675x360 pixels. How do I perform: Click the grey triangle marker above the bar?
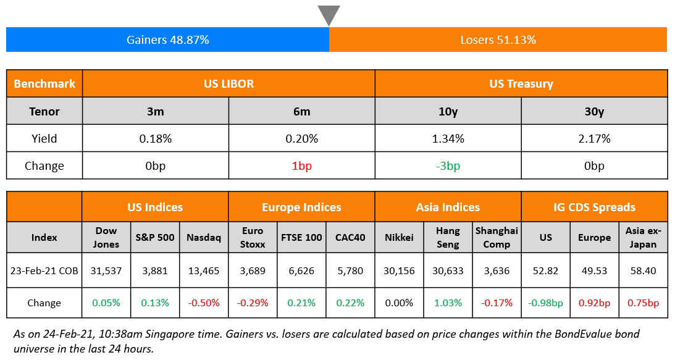329,14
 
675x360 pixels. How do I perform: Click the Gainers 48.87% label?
167,40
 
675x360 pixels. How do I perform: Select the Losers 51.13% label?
498,40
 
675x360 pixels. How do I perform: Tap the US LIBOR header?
228,83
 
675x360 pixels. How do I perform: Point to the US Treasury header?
521,83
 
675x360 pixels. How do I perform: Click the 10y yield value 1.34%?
448,138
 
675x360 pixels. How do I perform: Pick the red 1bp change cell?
301,165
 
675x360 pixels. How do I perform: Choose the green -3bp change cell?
448,165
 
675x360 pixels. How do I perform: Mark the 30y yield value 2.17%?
594,138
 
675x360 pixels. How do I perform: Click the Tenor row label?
44,111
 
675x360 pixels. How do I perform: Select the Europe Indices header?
301,207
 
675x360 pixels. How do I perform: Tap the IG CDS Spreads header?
594,207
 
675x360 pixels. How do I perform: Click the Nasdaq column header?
203,237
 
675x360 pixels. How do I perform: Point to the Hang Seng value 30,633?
448,270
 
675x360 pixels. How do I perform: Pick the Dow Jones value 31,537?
106,270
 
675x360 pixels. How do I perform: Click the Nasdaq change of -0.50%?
203,303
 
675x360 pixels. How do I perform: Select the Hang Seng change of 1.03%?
448,303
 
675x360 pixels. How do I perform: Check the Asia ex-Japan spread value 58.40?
643,270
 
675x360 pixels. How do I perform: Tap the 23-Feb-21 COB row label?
44,270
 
